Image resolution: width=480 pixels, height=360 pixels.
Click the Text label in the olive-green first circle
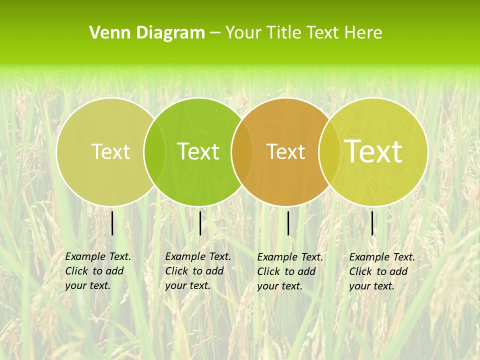(x=110, y=151)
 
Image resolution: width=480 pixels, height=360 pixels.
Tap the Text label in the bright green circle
(x=198, y=151)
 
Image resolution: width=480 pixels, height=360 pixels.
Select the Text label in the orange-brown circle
(x=286, y=151)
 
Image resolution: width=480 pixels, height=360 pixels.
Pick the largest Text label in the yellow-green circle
(x=373, y=151)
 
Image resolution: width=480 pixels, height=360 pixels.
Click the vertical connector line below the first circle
(x=112, y=223)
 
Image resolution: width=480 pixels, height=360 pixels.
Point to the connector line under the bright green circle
(x=200, y=223)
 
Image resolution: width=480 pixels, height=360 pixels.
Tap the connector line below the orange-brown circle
(x=288, y=223)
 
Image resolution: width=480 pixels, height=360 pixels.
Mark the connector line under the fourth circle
(x=372, y=223)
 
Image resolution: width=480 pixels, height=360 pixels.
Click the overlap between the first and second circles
(x=154, y=151)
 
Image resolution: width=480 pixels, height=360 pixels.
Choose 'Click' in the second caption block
(x=176, y=271)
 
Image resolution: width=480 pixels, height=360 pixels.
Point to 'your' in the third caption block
(x=267, y=286)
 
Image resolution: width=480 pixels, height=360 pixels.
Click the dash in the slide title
(x=215, y=33)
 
